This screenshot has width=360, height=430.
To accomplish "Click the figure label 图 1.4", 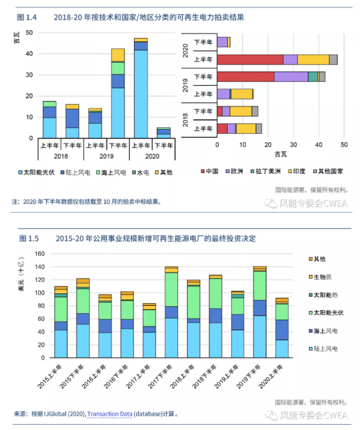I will point(27,17).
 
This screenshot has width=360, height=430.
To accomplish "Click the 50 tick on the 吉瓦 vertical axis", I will point(29,33).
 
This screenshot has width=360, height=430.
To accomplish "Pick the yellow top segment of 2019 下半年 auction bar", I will point(118,55).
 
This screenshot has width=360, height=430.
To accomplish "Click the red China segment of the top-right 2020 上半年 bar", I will point(250,60).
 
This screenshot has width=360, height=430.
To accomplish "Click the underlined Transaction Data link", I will point(109,414).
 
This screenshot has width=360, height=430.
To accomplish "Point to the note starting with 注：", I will point(86,202).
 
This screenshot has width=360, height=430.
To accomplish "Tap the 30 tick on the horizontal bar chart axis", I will point(293,145).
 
